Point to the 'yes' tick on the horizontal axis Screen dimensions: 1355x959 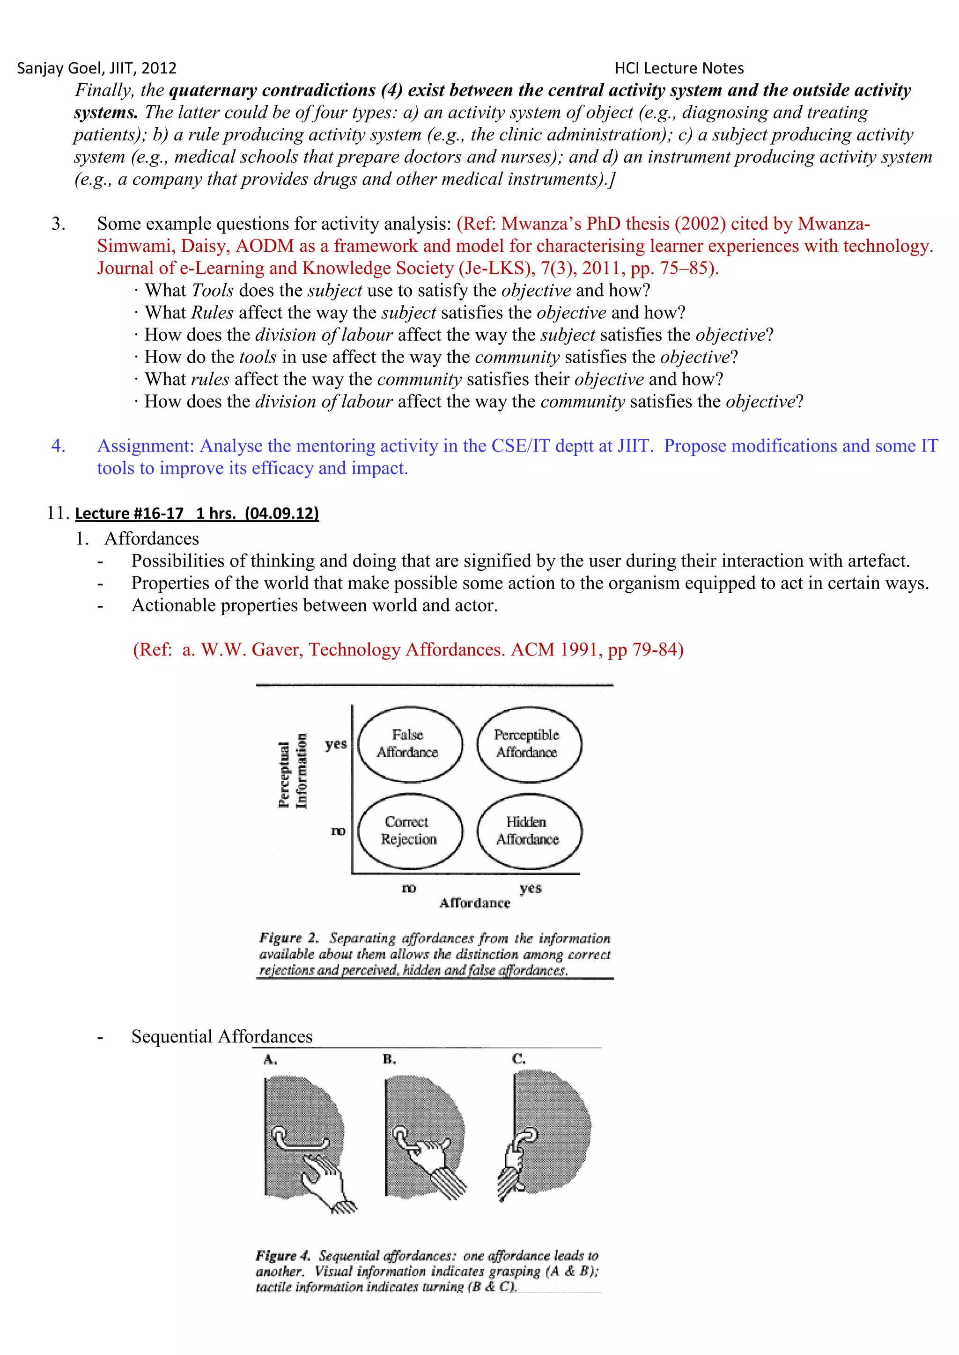tap(530, 888)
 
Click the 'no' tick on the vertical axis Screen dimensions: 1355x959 tap(338, 831)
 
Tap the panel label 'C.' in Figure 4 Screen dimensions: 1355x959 tap(519, 1059)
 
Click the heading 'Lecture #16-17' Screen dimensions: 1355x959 tap(129, 513)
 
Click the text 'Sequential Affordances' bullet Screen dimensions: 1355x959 tap(221, 1036)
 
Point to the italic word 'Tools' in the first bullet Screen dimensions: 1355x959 tap(213, 291)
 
